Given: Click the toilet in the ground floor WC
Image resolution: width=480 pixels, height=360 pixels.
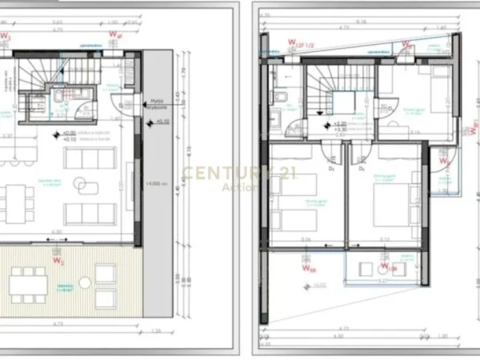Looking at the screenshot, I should click(x=59, y=98).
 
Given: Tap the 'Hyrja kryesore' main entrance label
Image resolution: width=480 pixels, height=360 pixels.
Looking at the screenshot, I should click(x=156, y=103).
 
